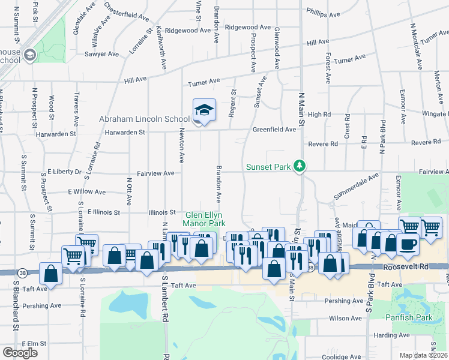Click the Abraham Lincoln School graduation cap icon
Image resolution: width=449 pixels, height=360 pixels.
tap(203, 110)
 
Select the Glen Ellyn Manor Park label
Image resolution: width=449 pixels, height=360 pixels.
tap(205, 219)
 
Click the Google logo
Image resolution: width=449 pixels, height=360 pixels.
tap(20, 353)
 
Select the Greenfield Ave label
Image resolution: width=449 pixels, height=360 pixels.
tap(274, 129)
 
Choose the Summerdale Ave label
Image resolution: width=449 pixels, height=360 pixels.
tap(357, 187)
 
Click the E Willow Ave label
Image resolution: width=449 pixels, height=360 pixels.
tap(86, 193)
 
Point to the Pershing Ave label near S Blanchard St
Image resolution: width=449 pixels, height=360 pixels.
tap(42, 305)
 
